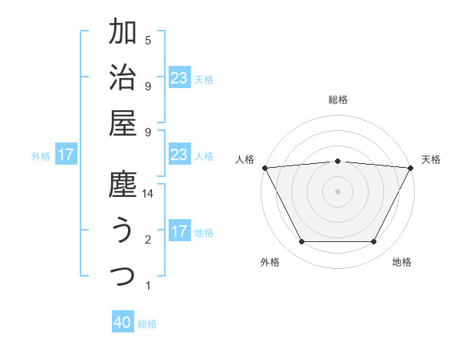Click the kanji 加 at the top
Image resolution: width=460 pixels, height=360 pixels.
123,33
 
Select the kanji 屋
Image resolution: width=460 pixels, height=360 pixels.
123,123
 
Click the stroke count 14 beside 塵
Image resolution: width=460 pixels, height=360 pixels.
149,195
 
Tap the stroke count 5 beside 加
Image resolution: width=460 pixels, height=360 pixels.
148,41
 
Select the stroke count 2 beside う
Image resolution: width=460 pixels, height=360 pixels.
148,241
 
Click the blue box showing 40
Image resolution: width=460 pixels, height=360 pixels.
123,323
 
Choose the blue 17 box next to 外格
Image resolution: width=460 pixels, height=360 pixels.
66,155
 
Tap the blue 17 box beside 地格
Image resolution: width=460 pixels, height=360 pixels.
179,231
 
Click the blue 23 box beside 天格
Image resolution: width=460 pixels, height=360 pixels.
179,77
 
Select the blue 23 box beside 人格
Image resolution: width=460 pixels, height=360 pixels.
179,155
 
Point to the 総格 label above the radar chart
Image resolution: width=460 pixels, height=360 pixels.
338,100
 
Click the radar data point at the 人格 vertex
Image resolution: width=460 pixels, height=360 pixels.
264,168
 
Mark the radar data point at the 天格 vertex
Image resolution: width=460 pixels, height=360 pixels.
411,168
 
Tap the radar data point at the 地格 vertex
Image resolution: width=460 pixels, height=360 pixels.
373,241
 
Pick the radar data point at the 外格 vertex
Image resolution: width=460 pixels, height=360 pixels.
301,241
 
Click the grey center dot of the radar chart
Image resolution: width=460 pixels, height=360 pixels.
337,191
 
